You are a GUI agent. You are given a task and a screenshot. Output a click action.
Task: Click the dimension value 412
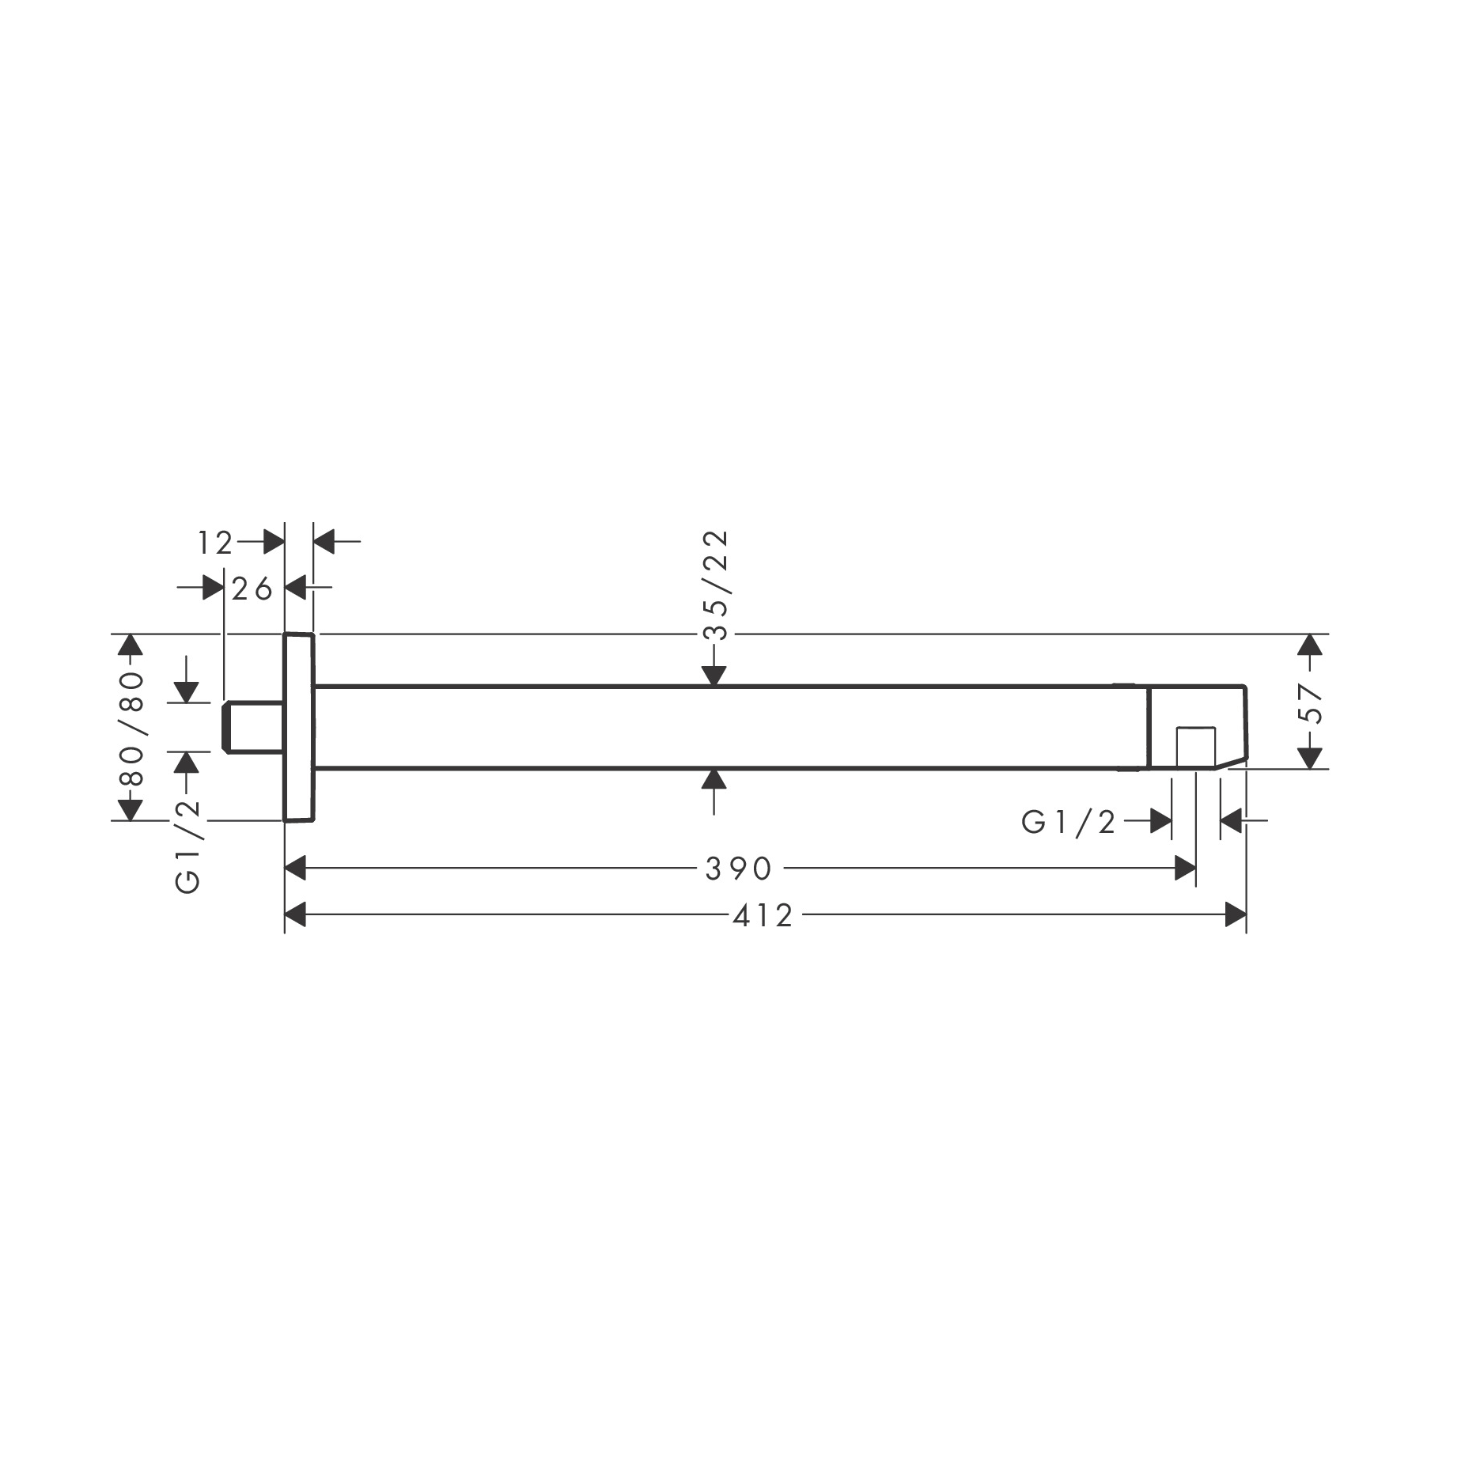pyautogui.click(x=762, y=916)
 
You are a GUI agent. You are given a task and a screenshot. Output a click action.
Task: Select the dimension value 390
pyautogui.click(x=738, y=869)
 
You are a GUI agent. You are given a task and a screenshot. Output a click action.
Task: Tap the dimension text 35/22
pyautogui.click(x=714, y=585)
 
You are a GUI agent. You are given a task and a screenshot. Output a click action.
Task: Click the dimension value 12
pyautogui.click(x=215, y=543)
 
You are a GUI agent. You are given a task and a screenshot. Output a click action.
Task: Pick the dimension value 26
pyautogui.click(x=253, y=589)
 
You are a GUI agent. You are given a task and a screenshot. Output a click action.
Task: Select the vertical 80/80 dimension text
pyautogui.click(x=131, y=728)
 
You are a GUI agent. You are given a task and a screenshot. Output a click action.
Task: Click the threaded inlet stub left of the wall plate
pyautogui.click(x=253, y=727)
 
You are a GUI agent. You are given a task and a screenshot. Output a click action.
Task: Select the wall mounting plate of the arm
pyautogui.click(x=299, y=727)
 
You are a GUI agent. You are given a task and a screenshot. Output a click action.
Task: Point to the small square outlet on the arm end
pyautogui.click(x=1194, y=746)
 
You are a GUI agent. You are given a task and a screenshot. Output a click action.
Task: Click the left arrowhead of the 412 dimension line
pyautogui.click(x=295, y=916)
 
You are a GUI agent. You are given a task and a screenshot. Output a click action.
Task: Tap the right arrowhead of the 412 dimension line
pyautogui.click(x=1236, y=916)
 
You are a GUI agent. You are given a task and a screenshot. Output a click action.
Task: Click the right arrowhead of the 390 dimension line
pyautogui.click(x=1184, y=869)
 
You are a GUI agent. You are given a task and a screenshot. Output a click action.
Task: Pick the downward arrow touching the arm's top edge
pyautogui.click(x=714, y=675)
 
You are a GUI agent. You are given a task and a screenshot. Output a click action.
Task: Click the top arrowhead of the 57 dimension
pyautogui.click(x=1310, y=644)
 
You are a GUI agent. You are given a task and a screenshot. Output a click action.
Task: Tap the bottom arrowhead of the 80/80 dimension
pyautogui.click(x=131, y=809)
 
